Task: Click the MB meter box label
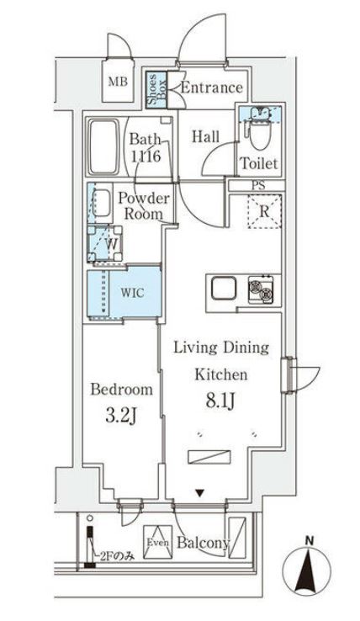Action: pyautogui.click(x=117, y=81)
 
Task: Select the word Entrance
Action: pyautogui.click(x=212, y=88)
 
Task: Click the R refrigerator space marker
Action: pyautogui.click(x=262, y=210)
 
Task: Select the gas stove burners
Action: pyautogui.click(x=260, y=291)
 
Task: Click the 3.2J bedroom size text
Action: pyautogui.click(x=120, y=416)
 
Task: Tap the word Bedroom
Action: pyautogui.click(x=121, y=390)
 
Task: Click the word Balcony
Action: pyautogui.click(x=203, y=544)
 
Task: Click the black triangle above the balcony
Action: pyautogui.click(x=200, y=494)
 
